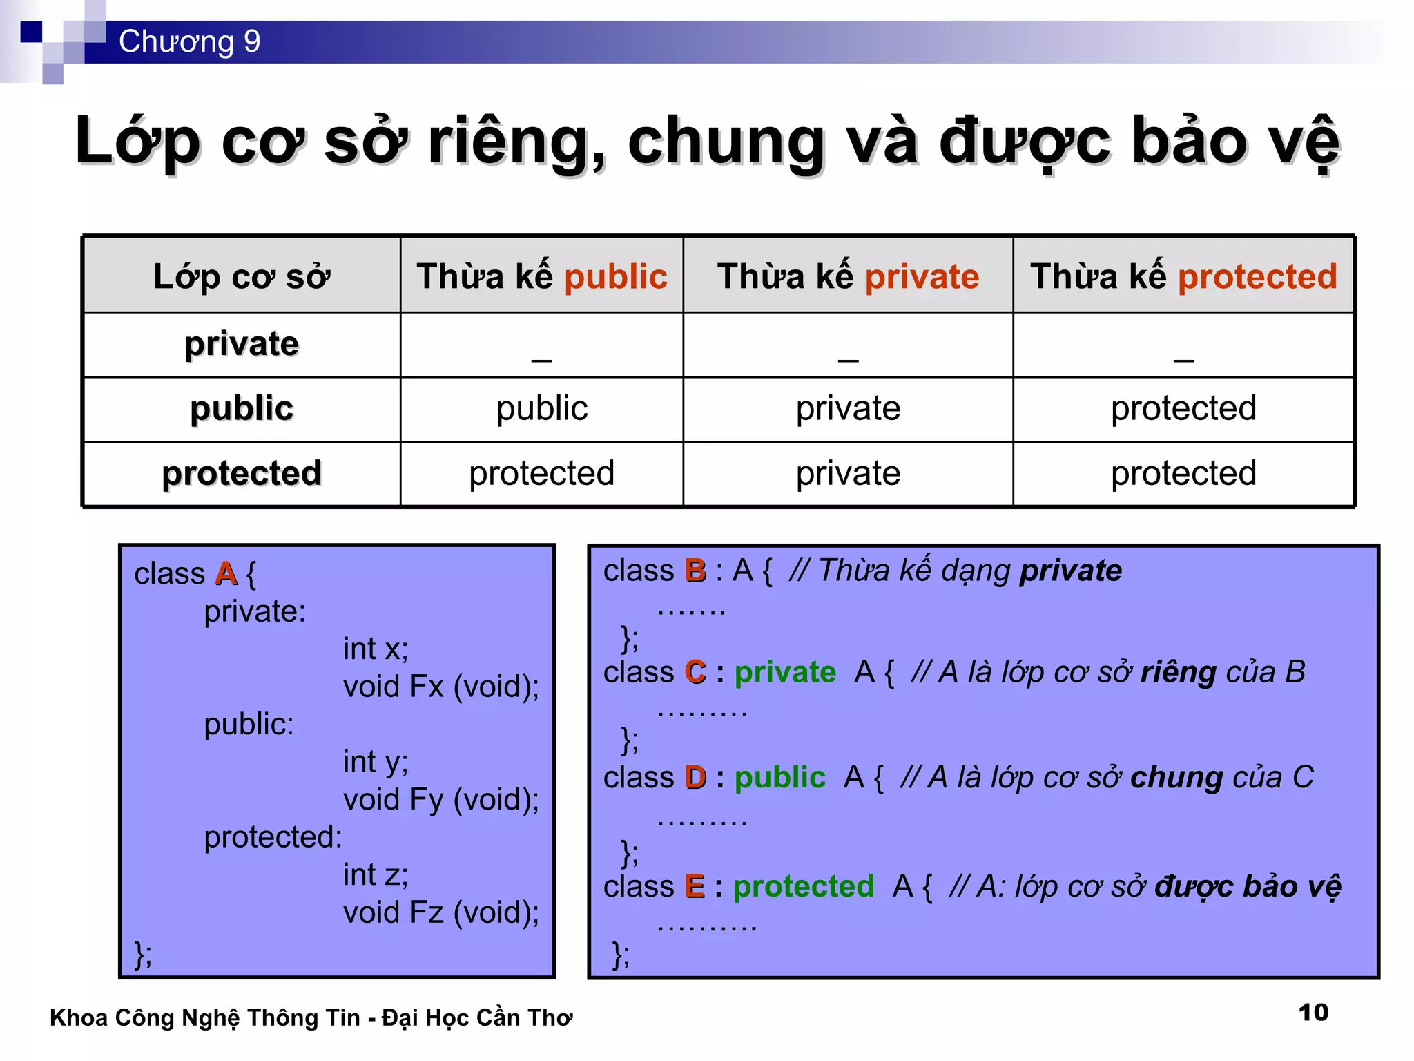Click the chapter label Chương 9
(x=189, y=41)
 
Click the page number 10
(x=1313, y=1013)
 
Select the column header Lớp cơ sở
(x=242, y=277)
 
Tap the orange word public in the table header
(x=616, y=277)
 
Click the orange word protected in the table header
(x=1257, y=277)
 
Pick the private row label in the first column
(x=242, y=344)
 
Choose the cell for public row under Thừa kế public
(x=542, y=409)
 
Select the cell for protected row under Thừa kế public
(x=542, y=474)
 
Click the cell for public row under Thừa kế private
(x=848, y=409)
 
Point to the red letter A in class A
(x=226, y=574)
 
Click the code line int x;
(x=376, y=649)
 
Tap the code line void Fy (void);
(x=441, y=800)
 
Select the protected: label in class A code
(x=273, y=837)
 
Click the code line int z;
(x=376, y=875)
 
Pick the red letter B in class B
(x=695, y=571)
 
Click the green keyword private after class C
(x=785, y=672)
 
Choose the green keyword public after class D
(x=779, y=778)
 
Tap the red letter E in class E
(x=695, y=886)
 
